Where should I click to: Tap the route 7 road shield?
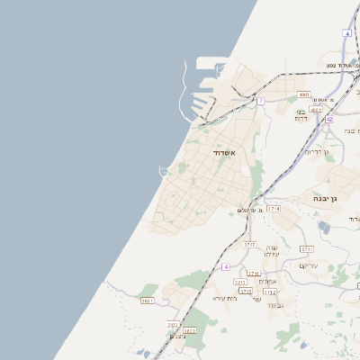click(x=260, y=101)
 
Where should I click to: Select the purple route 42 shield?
click(x=329, y=119)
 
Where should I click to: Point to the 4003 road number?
click(x=304, y=94)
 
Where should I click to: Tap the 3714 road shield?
click(x=274, y=208)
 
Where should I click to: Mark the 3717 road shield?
click(x=250, y=244)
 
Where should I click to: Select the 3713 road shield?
click(x=240, y=282)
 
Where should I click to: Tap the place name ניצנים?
click(x=177, y=336)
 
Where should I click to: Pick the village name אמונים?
click(x=267, y=282)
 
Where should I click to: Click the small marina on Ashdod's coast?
click(x=165, y=170)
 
